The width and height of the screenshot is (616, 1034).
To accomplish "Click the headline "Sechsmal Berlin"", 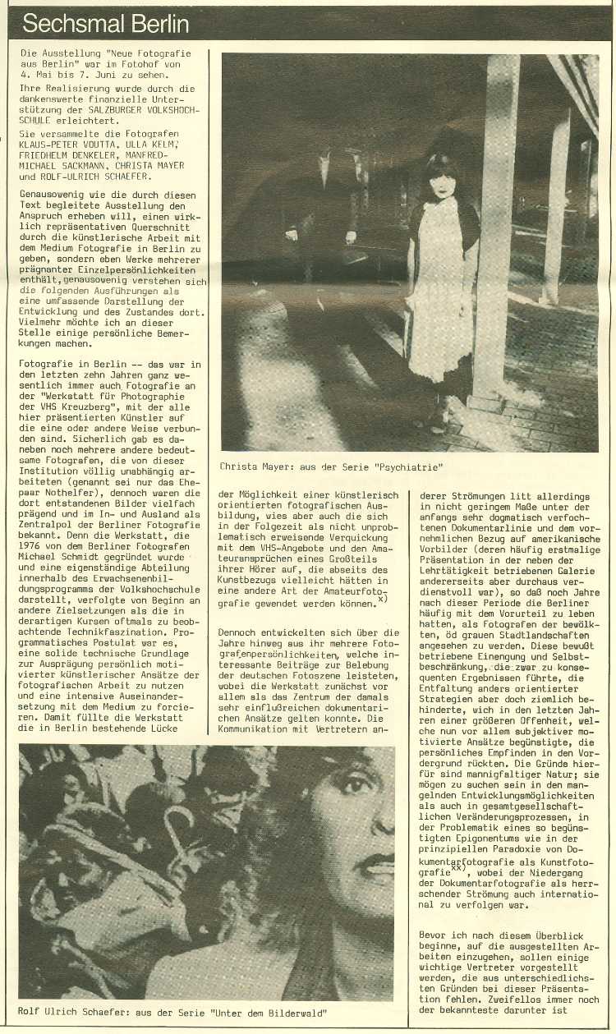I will (106, 25).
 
